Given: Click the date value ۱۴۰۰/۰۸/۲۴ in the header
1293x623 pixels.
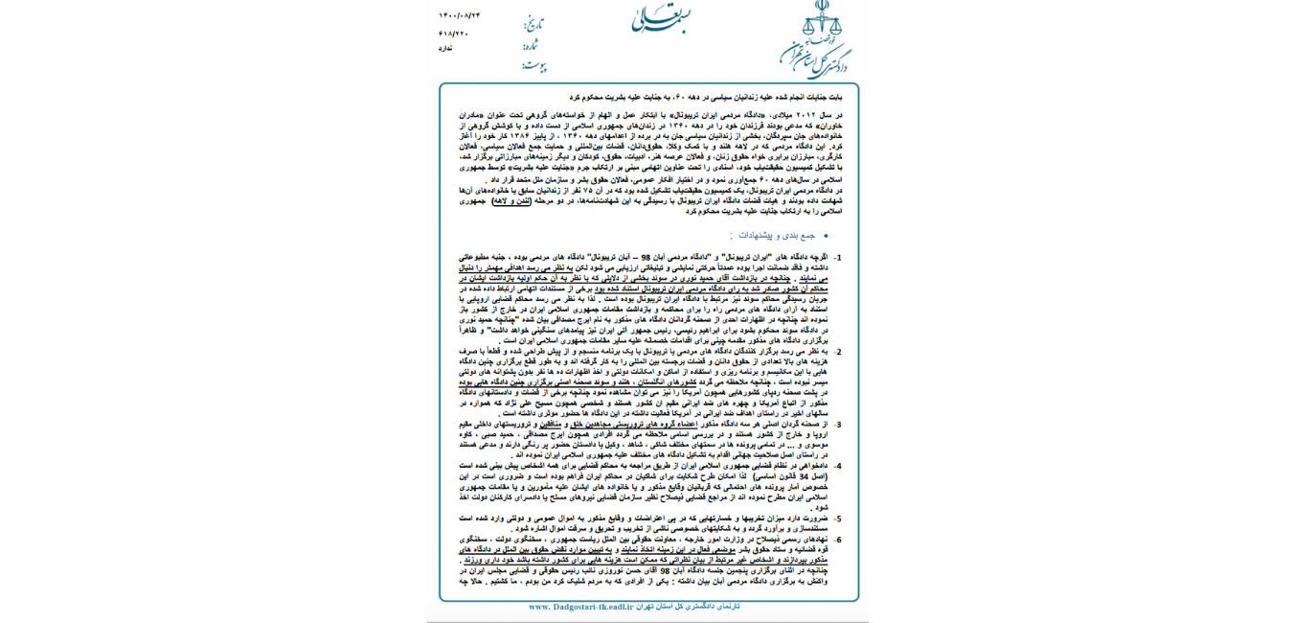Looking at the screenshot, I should (x=460, y=15).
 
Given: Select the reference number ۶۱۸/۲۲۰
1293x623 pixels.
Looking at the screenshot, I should (x=453, y=34).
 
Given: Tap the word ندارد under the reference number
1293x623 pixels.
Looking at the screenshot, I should (x=445, y=48).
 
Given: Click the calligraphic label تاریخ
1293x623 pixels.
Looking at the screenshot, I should (x=533, y=23).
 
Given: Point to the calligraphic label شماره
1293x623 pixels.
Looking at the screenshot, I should (x=531, y=44).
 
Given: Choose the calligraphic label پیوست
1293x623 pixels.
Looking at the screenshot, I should (x=534, y=66).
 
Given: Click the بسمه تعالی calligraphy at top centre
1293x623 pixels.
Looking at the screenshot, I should (x=661, y=17).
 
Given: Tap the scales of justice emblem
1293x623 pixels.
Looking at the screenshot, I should (x=821, y=19).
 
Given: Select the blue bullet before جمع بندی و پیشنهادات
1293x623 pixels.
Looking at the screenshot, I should (x=826, y=236).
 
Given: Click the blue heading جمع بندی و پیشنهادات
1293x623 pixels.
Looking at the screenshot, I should (x=777, y=236).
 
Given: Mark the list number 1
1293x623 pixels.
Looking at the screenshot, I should (x=837, y=258).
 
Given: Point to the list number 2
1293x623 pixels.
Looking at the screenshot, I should (x=837, y=352).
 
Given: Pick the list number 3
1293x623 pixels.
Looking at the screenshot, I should (x=837, y=424).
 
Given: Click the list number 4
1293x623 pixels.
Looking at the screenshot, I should (x=837, y=466).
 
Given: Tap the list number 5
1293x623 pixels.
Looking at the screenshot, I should (x=837, y=519).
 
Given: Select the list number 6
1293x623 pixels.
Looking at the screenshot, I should (x=837, y=540).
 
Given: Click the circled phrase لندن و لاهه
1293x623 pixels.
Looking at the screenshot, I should (x=513, y=201).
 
